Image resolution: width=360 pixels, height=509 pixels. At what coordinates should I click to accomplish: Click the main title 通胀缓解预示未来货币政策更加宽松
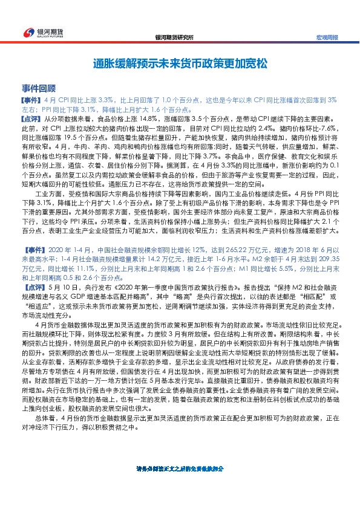(x=180, y=63)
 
